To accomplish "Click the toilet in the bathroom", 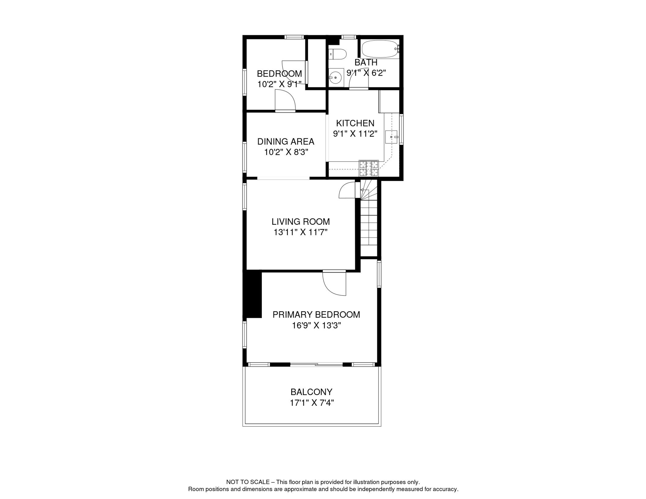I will tap(338, 54).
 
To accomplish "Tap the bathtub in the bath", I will tap(380, 49).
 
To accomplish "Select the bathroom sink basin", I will tap(335, 78).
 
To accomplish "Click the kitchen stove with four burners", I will tap(368, 169).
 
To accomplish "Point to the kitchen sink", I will tap(391, 137).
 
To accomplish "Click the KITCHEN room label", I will tap(355, 123).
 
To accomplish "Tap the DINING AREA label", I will tap(286, 142).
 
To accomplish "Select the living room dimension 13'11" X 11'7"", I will tap(300, 232).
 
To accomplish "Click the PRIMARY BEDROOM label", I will tap(316, 314).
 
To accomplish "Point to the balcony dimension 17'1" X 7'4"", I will tap(312, 403).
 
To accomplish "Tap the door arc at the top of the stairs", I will tap(347, 190).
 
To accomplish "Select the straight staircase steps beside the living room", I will tap(369, 227).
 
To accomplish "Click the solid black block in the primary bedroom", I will tap(253, 294).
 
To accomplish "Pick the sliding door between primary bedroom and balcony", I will tap(316, 365).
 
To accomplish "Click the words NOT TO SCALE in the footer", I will tap(248, 482).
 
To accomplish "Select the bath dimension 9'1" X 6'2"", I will tap(366, 73).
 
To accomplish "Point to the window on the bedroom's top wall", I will tap(294, 37).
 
